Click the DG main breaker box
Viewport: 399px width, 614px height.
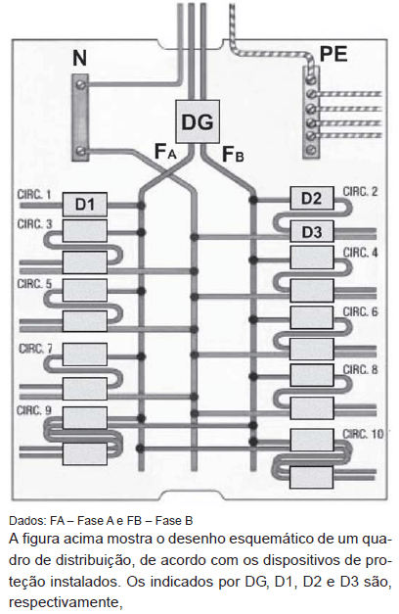tap(198, 121)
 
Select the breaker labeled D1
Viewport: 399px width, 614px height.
tap(85, 204)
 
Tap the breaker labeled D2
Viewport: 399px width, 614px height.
tap(312, 198)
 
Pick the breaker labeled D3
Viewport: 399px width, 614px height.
tap(312, 232)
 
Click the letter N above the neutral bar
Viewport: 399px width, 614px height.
tap(80, 58)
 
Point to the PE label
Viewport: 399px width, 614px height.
tap(333, 54)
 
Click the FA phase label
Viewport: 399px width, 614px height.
tap(165, 152)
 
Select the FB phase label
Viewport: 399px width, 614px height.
tap(233, 154)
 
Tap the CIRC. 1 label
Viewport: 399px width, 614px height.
tap(34, 195)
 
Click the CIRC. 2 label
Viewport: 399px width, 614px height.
tap(360, 192)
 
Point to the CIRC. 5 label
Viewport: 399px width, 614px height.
tap(34, 284)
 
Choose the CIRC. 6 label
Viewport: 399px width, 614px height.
tap(360, 311)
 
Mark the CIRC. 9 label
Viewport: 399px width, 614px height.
tap(34, 410)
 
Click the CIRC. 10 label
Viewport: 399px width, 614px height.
tap(363, 434)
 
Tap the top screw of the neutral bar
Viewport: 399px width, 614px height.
tap(81, 84)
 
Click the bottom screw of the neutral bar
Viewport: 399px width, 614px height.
tap(81, 151)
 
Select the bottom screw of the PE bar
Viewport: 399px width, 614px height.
tap(311, 149)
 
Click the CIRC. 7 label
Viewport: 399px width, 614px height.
tap(35, 349)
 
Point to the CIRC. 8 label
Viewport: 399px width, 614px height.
tap(360, 369)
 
